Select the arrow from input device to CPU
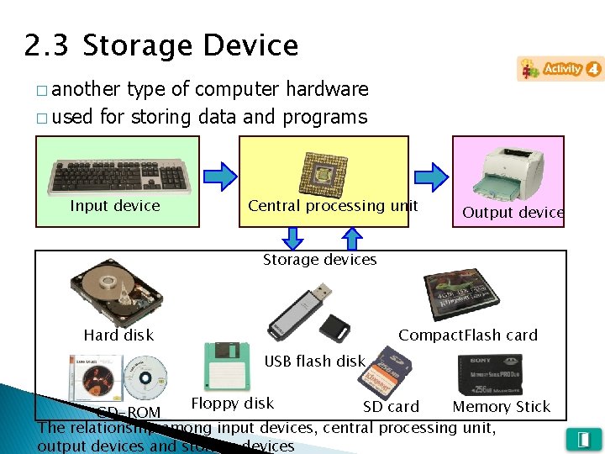pos(221,176)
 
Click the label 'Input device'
pos(115,206)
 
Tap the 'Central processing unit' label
pos(333,206)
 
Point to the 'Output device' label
pos(513,213)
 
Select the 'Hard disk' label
pos(118,335)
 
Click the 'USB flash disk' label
pos(315,362)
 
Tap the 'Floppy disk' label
pos(233,404)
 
